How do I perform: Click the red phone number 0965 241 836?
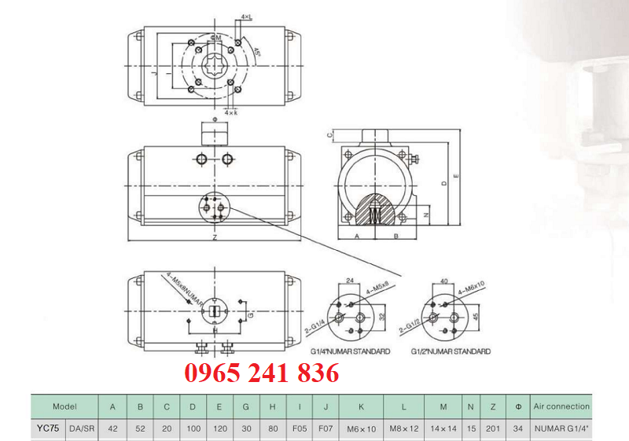tap(262, 373)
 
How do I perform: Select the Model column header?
tap(64, 406)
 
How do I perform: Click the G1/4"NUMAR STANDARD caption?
tap(351, 351)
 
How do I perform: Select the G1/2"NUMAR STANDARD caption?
tap(451, 351)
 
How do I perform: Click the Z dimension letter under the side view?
tap(215, 237)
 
